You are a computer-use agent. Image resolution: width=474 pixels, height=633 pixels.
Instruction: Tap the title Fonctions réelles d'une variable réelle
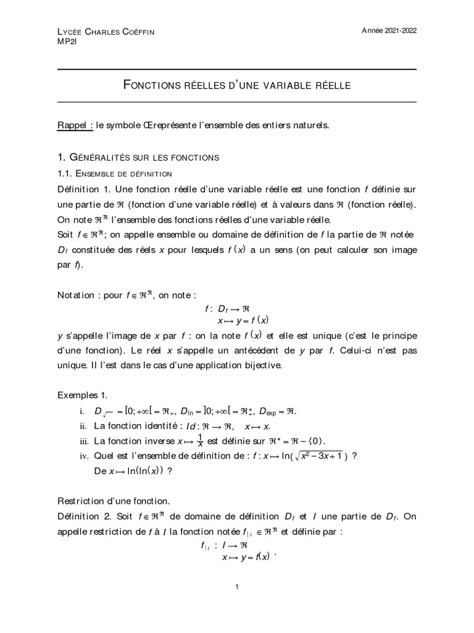pyautogui.click(x=238, y=85)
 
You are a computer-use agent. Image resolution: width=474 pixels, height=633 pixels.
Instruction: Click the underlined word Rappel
pyautogui.click(x=74, y=125)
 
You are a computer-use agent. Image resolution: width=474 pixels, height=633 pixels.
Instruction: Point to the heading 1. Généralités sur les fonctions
pyautogui.click(x=138, y=158)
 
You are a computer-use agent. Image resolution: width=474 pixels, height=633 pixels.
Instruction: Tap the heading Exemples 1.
pyautogui.click(x=83, y=394)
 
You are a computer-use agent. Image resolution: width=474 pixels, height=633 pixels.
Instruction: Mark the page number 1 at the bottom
pyautogui.click(x=237, y=587)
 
